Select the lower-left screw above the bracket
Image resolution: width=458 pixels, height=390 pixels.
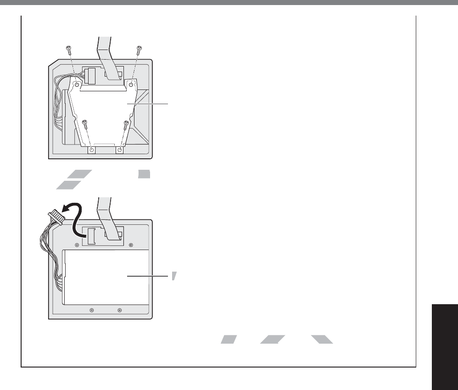coord(84,122)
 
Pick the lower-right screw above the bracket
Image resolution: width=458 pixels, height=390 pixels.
coord(126,123)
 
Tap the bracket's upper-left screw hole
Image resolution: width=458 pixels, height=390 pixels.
coord(77,84)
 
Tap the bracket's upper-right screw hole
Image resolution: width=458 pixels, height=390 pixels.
coord(131,84)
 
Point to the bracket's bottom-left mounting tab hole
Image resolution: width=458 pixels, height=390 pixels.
coord(91,150)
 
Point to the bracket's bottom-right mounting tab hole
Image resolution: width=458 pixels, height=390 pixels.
coord(120,150)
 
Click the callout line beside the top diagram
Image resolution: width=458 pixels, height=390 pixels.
coord(151,104)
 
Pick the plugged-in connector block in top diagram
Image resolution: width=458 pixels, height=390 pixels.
coord(90,76)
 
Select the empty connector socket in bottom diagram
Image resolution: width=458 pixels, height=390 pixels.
coord(91,237)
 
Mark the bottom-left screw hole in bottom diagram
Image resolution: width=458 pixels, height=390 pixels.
coord(91,311)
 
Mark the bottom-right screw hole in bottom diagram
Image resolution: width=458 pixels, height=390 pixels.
coord(120,311)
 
